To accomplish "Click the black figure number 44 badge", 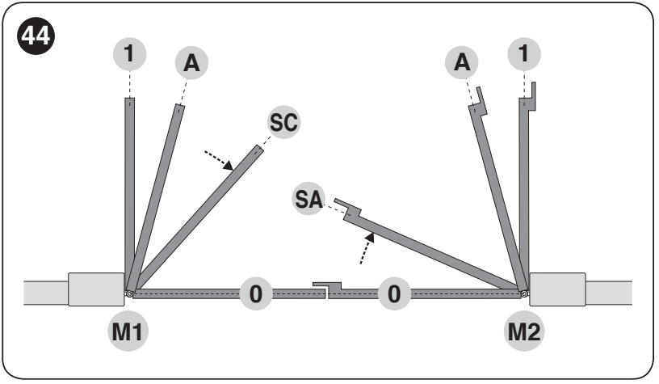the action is pos(36,36).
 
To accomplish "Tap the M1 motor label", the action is pos(128,331).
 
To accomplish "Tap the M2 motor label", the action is pos(523,331).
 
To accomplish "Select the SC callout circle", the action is pos(283,122).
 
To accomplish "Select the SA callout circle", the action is pos(309,199).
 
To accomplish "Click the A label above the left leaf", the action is pos(191,63).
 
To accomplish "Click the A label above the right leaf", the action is pos(461,62).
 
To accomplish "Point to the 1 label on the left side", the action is pos(129,54).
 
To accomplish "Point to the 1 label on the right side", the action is pos(523,54).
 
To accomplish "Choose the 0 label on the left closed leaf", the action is pos(255,293).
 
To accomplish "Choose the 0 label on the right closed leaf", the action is pos(394,293).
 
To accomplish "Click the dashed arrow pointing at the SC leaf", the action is pos(220,161).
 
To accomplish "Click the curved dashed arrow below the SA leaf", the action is pos(367,248).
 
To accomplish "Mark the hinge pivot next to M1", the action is pos(129,293).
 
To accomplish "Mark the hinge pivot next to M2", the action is pos(523,293).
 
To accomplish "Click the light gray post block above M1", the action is pos(96,289).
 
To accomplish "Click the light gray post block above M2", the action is pos(557,289).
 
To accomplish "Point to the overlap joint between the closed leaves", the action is pos(327,289).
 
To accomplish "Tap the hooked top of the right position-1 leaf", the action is pos(531,97).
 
